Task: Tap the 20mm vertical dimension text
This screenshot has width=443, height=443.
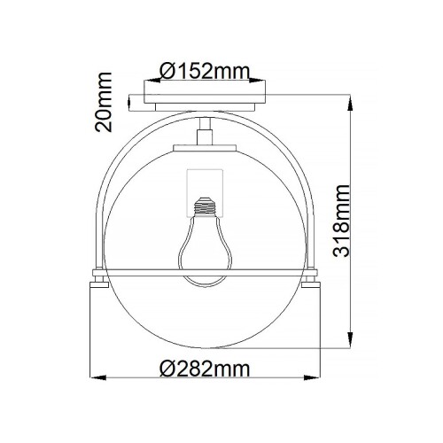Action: pos(105,104)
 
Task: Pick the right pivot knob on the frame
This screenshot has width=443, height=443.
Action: pos(311,283)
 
